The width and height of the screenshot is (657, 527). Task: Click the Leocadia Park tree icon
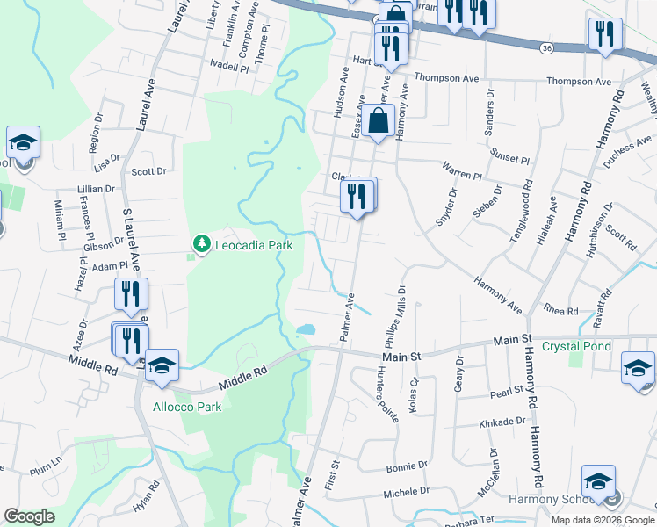(x=202, y=242)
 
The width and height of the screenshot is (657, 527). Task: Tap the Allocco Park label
(x=187, y=407)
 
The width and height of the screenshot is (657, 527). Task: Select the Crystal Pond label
(x=575, y=346)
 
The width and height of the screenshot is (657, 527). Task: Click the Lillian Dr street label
(x=97, y=189)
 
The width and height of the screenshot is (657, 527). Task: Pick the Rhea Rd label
(x=560, y=312)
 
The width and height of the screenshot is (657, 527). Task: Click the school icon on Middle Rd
(x=162, y=368)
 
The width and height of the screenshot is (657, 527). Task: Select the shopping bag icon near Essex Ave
(x=379, y=121)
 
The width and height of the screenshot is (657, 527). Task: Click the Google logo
(x=29, y=516)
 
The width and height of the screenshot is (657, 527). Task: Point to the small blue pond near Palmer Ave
(x=305, y=330)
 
